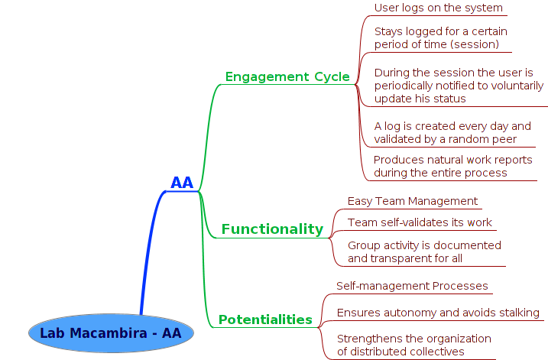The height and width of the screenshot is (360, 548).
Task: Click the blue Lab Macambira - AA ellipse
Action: pyautogui.click(x=111, y=333)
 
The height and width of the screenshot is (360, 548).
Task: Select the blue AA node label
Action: pyautogui.click(x=182, y=183)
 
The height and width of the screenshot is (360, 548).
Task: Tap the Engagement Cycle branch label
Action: pyautogui.click(x=287, y=76)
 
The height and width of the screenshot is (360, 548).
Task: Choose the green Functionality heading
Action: pyautogui.click(x=272, y=229)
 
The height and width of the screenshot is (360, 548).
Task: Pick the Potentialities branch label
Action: pyautogui.click(x=265, y=319)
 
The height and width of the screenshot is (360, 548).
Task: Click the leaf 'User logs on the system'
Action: pyautogui.click(x=438, y=8)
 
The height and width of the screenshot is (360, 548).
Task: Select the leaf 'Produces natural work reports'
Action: pyautogui.click(x=452, y=160)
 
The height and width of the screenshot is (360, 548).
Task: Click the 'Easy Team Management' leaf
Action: pyautogui.click(x=413, y=201)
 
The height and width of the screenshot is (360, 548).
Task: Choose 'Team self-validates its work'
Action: pyautogui.click(x=420, y=222)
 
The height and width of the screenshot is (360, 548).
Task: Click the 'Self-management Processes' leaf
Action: pyautogui.click(x=412, y=286)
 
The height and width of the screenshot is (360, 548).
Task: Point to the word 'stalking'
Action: pyautogui.click(x=520, y=313)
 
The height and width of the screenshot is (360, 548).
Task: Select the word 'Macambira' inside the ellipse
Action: pyautogui.click(x=109, y=333)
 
